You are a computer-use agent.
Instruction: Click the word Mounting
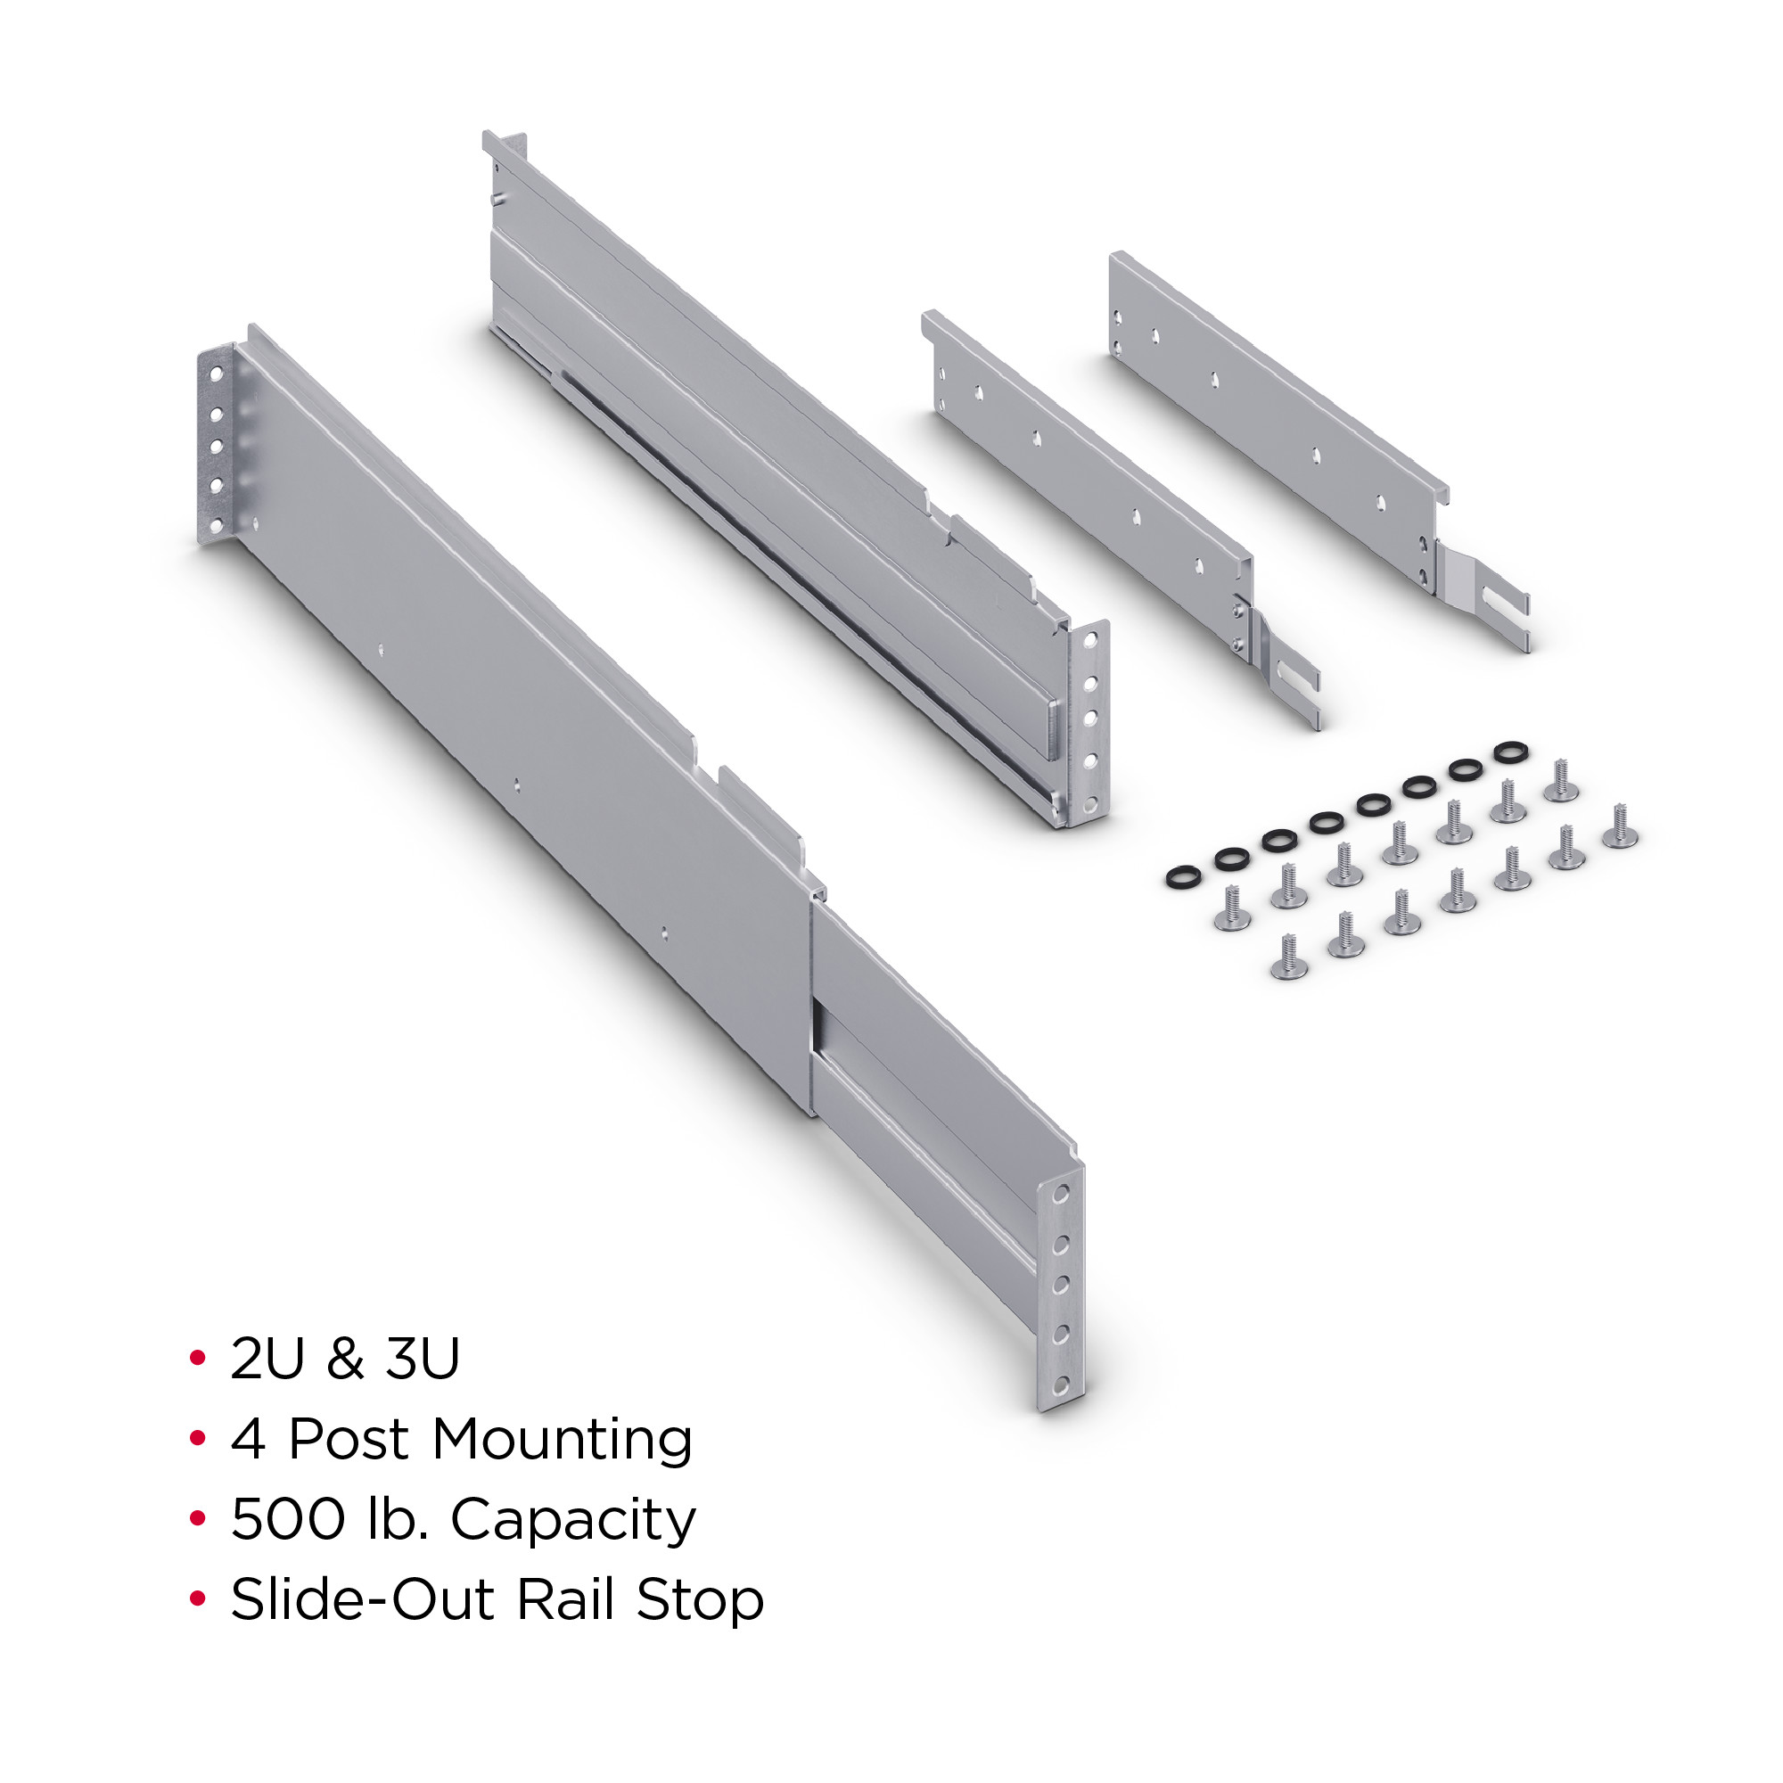(x=562, y=1441)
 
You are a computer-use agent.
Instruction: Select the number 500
(x=288, y=1519)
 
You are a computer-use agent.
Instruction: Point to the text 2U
(x=267, y=1359)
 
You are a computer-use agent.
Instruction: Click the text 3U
(x=423, y=1359)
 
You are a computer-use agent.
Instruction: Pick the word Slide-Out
(x=364, y=1599)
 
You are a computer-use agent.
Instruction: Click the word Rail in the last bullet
(x=566, y=1599)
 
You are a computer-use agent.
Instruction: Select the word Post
(x=349, y=1440)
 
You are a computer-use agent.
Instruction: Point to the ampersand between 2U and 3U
(x=345, y=1359)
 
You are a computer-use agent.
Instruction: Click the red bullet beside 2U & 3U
(x=196, y=1358)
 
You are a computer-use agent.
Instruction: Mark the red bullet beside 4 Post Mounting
(x=196, y=1438)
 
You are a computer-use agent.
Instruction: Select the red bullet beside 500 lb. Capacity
(x=196, y=1518)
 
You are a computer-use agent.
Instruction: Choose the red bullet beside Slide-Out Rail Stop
(x=196, y=1598)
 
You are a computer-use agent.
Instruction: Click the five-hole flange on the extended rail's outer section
(x=216, y=445)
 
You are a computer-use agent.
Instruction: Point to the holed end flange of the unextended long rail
(x=1089, y=725)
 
